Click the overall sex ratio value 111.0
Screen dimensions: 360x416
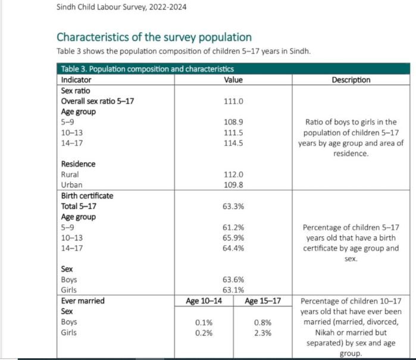click(233, 101)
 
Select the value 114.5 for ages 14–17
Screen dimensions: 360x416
click(233, 143)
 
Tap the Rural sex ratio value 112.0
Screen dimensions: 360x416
click(233, 174)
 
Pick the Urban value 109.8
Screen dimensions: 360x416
click(233, 185)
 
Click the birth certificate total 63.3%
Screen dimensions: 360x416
click(233, 206)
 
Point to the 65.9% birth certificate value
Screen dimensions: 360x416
click(233, 237)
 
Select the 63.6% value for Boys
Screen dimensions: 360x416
click(233, 280)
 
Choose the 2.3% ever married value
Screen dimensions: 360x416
click(262, 333)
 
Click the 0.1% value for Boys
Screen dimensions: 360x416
click(204, 322)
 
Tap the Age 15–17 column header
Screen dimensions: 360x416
click(262, 301)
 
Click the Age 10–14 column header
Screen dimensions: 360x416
click(204, 301)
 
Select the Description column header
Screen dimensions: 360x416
click(351, 80)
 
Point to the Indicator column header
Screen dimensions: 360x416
click(78, 80)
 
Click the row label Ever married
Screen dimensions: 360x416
click(83, 301)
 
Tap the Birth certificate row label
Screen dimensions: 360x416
click(87, 196)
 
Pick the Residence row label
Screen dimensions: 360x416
click(78, 164)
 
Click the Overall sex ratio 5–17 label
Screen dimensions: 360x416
click(98, 101)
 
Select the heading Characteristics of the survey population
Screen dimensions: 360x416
click(154, 37)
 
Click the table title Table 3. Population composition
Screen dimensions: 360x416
click(147, 69)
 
